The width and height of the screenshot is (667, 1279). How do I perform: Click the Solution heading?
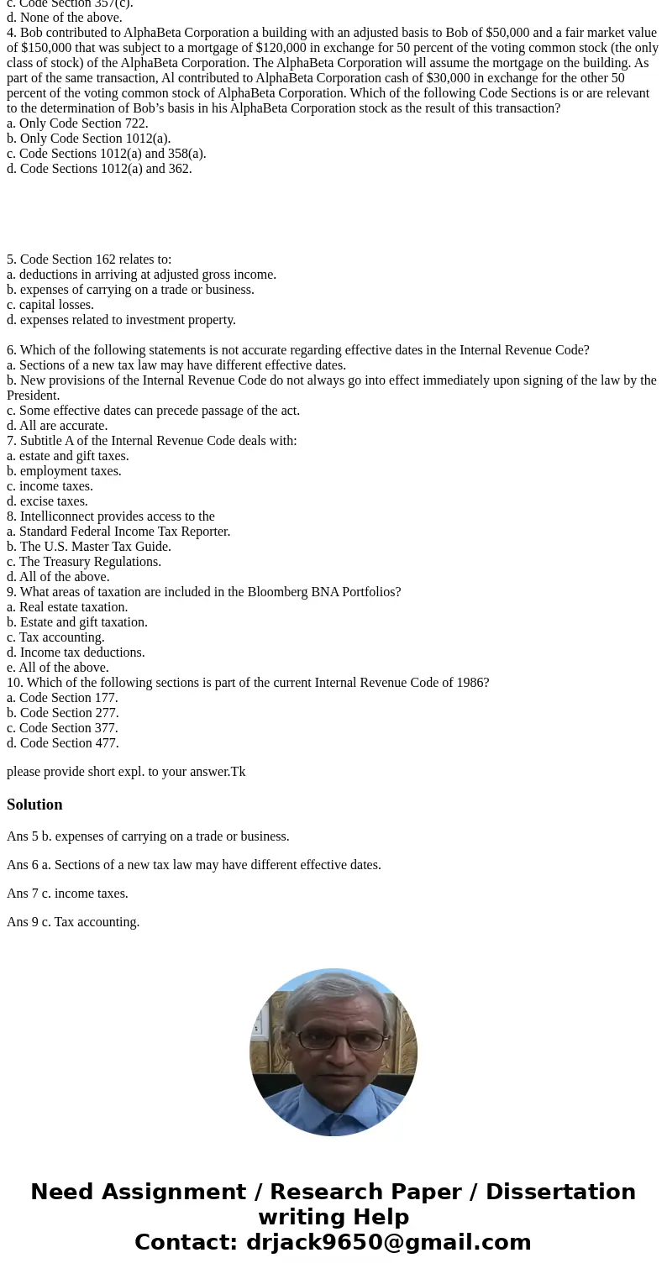(x=34, y=805)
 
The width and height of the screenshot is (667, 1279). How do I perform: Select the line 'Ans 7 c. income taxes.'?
(x=67, y=894)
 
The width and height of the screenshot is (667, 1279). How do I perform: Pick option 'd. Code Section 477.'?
(x=63, y=743)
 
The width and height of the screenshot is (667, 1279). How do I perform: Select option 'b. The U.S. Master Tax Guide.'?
(x=89, y=547)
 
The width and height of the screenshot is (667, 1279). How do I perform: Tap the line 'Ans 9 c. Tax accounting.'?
(x=73, y=922)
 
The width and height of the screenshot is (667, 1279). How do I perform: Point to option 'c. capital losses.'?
(x=50, y=305)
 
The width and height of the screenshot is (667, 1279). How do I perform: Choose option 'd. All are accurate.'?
(x=57, y=426)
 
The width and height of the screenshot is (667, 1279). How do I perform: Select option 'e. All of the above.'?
(x=58, y=668)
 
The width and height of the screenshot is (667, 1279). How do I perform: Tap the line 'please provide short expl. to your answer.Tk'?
(x=126, y=772)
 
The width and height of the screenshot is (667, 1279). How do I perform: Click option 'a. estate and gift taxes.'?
(x=68, y=456)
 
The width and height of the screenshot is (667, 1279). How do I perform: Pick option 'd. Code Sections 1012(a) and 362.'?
(x=99, y=169)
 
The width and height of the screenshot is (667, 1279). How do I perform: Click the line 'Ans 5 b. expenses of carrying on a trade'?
(x=148, y=836)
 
